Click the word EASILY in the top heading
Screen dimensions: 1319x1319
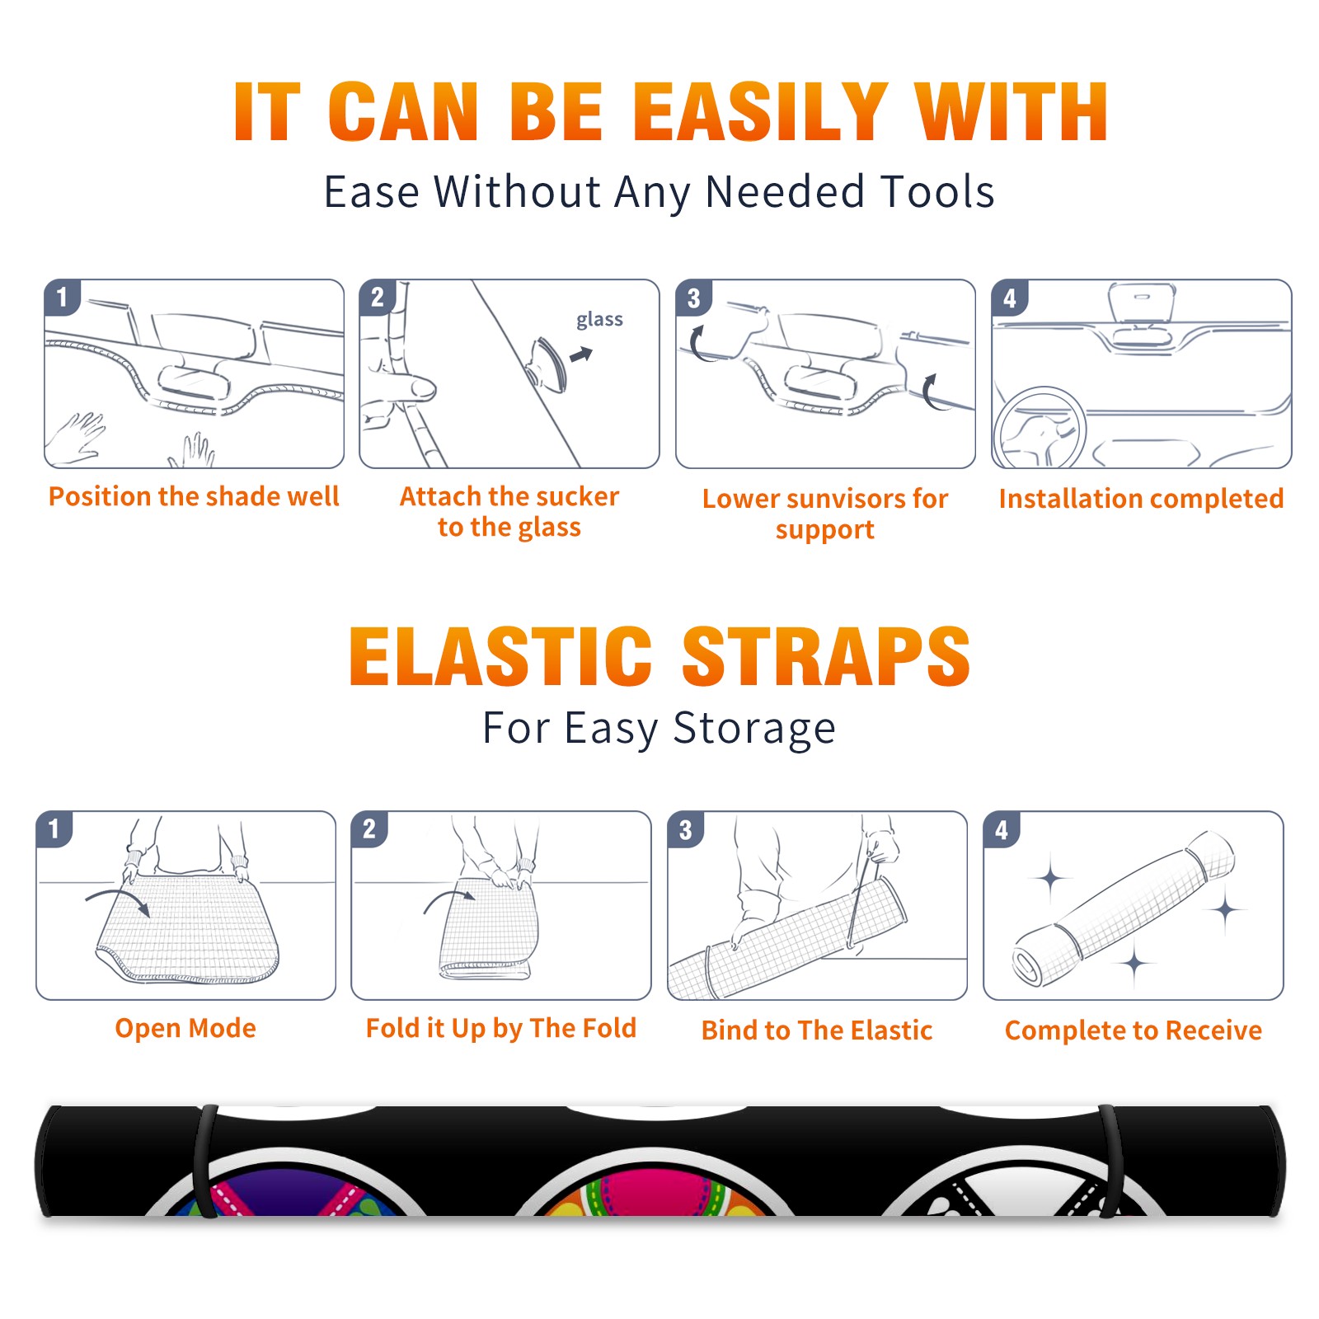pyautogui.click(x=760, y=112)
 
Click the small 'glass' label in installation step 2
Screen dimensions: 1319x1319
pyautogui.click(x=599, y=320)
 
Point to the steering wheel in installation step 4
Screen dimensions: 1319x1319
pyautogui.click(x=1040, y=427)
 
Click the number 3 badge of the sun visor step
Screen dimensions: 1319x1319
pyautogui.click(x=693, y=298)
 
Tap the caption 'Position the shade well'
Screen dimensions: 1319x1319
pyautogui.click(x=194, y=496)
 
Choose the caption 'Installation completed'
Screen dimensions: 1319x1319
pyautogui.click(x=1141, y=499)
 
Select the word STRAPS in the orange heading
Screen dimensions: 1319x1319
pyautogui.click(x=826, y=656)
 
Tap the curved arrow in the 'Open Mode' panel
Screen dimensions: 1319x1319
pyautogui.click(x=118, y=899)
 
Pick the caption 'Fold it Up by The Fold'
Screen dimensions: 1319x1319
pyautogui.click(x=501, y=1028)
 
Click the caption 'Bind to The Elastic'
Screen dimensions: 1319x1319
pyautogui.click(x=817, y=1030)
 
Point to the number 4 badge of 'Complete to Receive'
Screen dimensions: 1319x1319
pyautogui.click(x=1001, y=829)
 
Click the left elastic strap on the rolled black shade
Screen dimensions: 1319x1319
pyautogui.click(x=205, y=1161)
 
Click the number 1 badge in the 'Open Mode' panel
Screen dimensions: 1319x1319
pyautogui.click(x=54, y=828)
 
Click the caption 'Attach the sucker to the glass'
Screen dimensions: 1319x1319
pyautogui.click(x=509, y=511)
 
